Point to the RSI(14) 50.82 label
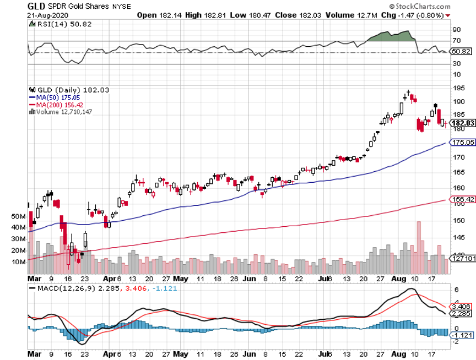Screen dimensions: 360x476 (57, 25)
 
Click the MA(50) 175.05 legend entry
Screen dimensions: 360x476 (51, 97)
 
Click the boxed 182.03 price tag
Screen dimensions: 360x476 (462, 124)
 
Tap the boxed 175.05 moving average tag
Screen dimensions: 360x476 (462, 142)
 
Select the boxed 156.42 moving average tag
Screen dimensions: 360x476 (462, 199)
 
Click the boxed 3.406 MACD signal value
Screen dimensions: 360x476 (461, 306)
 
